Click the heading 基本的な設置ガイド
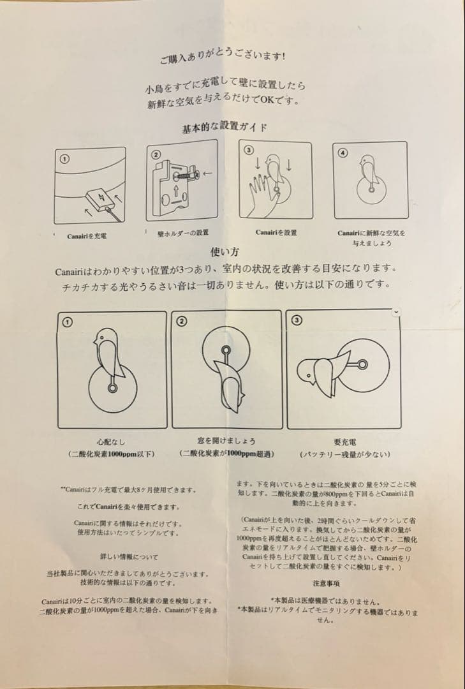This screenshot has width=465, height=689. click(225, 126)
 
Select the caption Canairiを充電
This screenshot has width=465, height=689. click(87, 236)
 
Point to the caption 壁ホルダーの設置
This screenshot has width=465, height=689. click(183, 233)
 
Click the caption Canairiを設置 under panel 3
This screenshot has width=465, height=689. click(276, 232)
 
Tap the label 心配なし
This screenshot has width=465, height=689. click(112, 441)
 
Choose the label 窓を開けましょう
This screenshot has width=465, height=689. click(226, 441)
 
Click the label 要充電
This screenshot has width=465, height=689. click(344, 441)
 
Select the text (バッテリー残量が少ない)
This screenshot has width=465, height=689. click(344, 454)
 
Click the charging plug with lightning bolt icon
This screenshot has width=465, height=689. click(99, 197)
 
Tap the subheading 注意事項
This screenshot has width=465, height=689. click(326, 583)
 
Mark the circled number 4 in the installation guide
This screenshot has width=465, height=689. click(343, 152)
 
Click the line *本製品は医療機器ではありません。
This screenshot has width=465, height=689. click(326, 601)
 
